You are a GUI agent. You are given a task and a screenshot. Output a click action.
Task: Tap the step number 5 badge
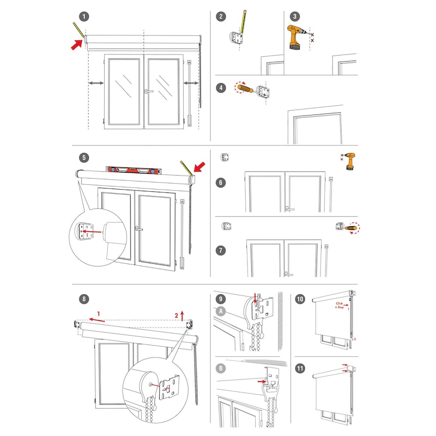coord(83,158)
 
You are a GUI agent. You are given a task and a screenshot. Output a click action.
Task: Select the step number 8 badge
coord(83,299)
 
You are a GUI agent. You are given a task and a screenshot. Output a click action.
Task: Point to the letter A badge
coord(220,312)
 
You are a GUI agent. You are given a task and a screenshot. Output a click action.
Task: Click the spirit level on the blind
coord(134,169)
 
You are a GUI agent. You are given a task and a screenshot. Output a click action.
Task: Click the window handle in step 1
coord(148,91)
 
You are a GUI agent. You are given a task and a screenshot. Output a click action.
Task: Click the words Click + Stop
coord(341,305)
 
